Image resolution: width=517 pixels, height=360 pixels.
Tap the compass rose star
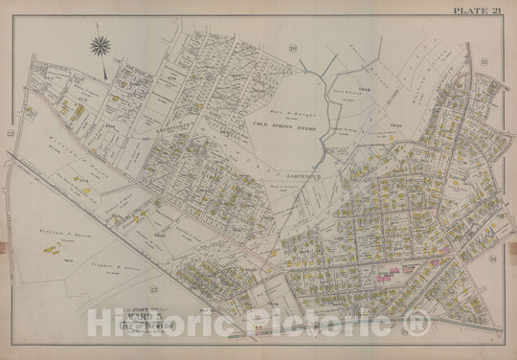101,45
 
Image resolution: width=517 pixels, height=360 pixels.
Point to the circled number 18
484,62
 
